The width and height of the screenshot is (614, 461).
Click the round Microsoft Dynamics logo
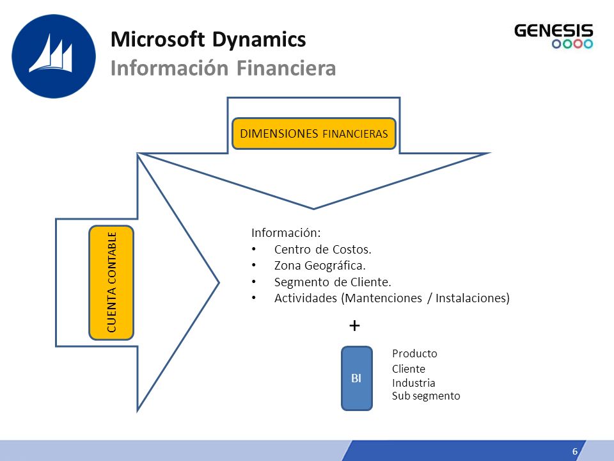(54, 56)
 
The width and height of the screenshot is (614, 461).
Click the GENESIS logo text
(554, 31)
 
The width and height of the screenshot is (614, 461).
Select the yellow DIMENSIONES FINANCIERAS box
(314, 134)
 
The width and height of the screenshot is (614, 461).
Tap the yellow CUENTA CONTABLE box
(111, 282)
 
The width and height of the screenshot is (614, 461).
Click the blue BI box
(357, 378)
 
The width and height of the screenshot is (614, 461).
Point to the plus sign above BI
(354, 325)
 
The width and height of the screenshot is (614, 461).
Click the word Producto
(414, 353)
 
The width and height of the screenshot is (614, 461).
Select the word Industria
(414, 383)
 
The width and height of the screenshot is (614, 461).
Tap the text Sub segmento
(426, 396)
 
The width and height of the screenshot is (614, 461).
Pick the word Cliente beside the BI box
(409, 369)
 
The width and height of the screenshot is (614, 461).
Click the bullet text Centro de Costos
(322, 249)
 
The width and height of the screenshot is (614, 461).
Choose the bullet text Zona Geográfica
(320, 266)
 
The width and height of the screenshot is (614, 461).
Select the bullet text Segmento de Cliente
(333, 282)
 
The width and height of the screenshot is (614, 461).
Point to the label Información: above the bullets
(286, 233)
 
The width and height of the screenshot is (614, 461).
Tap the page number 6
(575, 451)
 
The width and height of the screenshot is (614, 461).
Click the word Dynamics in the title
(259, 40)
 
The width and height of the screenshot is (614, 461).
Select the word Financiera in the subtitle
(287, 69)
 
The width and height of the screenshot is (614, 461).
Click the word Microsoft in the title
(158, 40)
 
